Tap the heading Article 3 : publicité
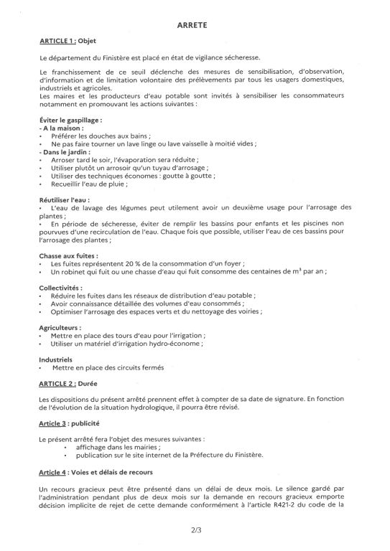point(71,423)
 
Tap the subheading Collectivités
point(62,288)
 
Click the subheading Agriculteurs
point(62,326)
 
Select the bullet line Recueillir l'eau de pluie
point(94,184)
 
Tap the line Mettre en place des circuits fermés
point(108,368)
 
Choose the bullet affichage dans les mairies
point(119,446)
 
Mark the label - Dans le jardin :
point(70,151)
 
